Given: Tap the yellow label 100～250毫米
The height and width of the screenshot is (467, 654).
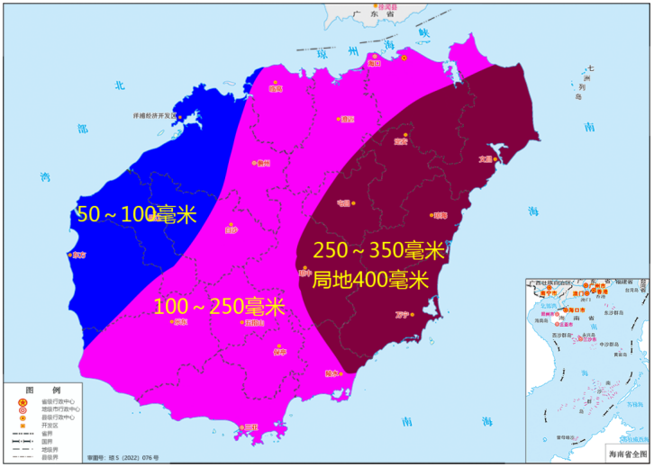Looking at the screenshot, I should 219,307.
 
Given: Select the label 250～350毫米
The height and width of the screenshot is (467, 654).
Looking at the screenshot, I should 378,250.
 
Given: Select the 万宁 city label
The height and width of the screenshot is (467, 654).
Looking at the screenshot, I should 401,315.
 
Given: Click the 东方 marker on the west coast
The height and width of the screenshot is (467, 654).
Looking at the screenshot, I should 69,255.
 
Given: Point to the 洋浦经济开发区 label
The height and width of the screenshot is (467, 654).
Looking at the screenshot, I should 153,117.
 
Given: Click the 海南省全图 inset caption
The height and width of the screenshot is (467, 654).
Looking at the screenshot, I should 627,456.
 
